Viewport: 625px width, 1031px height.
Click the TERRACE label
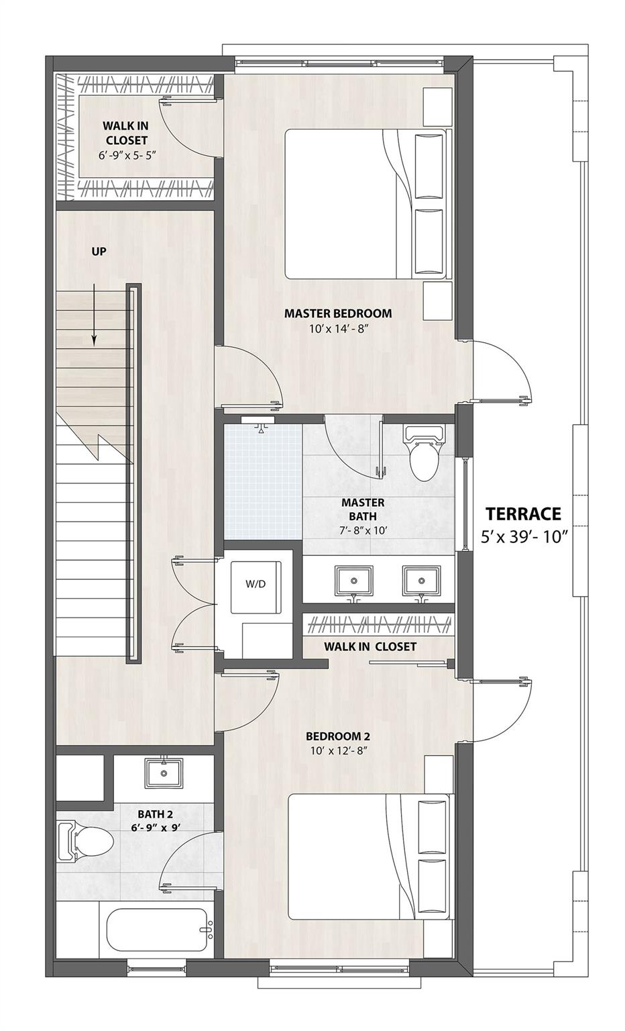coord(523,514)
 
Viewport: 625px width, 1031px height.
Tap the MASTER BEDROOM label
coord(337,313)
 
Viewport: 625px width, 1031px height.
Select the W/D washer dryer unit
coord(255,584)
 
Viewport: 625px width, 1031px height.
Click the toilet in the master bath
coord(422,456)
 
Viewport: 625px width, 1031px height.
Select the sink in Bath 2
coord(163,773)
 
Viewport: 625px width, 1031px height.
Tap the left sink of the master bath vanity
coord(353,579)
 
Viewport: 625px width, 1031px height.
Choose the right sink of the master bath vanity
coord(420,579)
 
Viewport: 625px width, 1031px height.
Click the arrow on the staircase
coord(94,315)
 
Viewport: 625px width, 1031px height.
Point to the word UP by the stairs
coord(99,252)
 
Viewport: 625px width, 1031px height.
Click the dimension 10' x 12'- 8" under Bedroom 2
coord(338,750)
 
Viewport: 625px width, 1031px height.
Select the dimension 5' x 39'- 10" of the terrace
coord(523,537)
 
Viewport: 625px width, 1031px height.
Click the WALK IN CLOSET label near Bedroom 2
coord(370,646)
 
